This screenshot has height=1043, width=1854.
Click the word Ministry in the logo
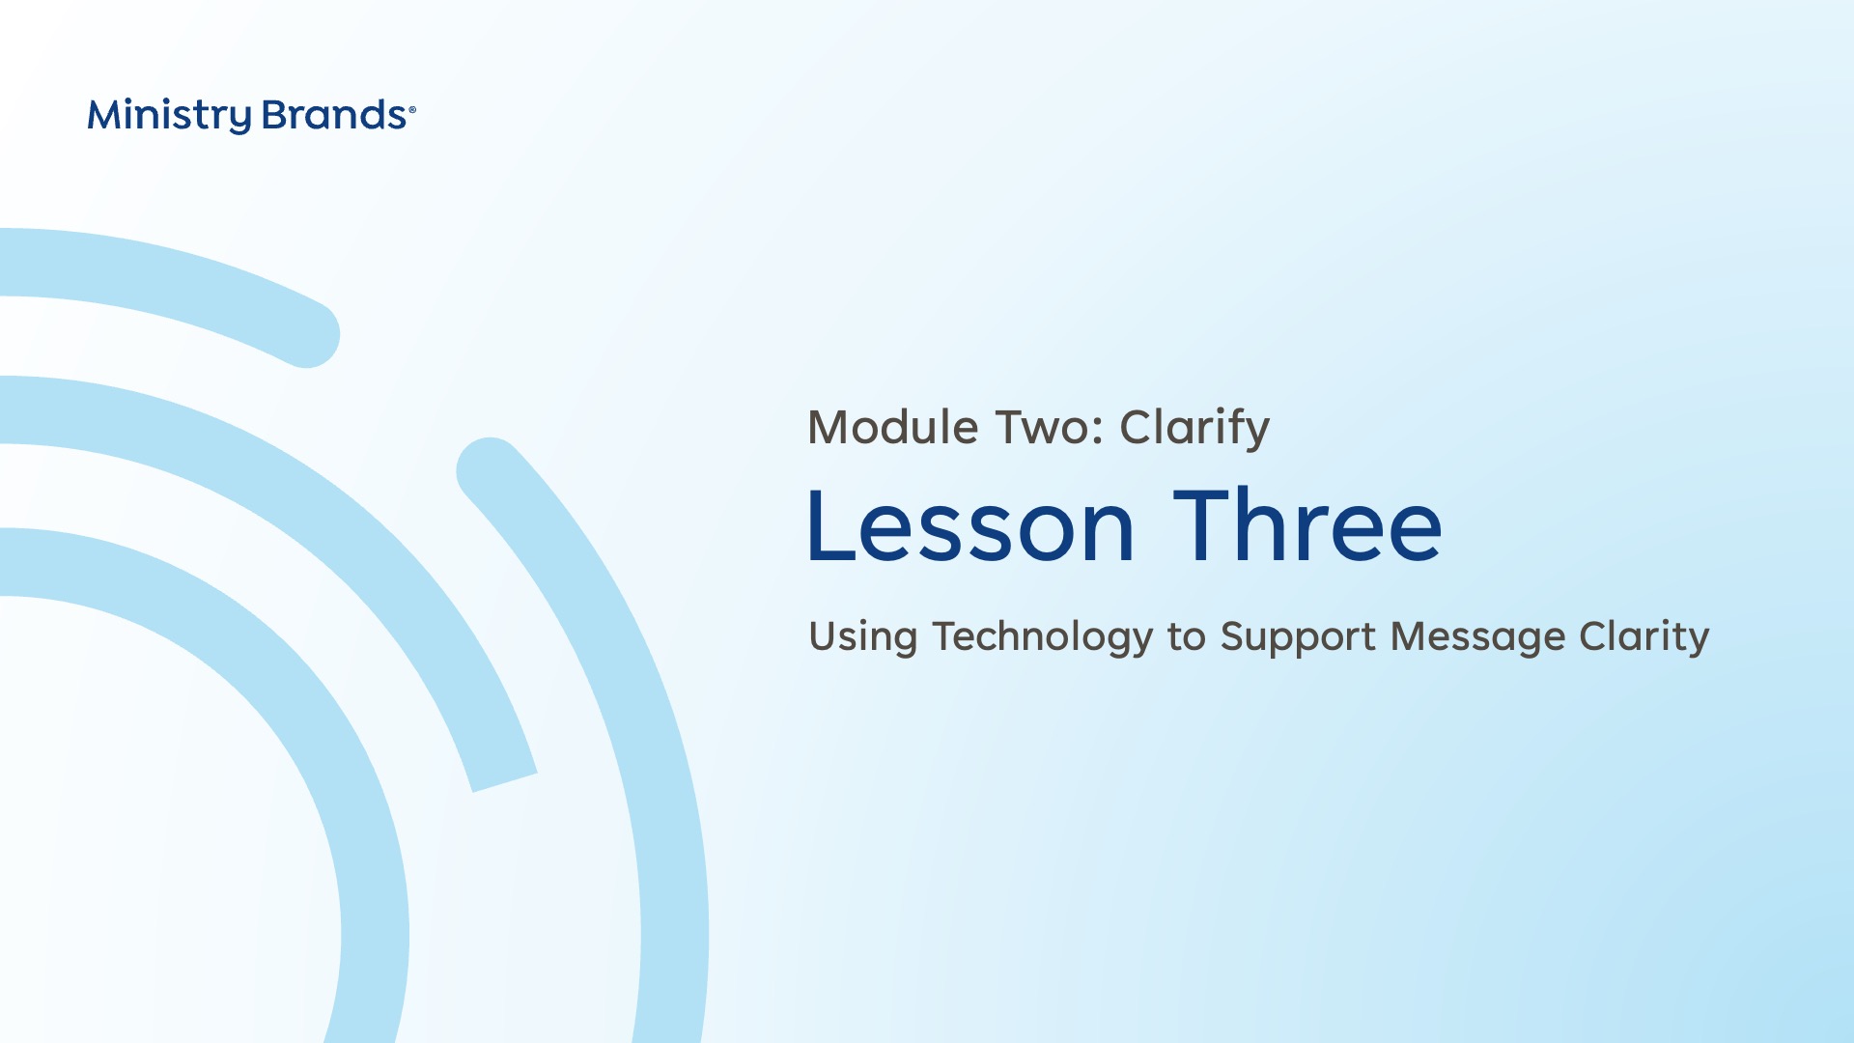[x=169, y=116]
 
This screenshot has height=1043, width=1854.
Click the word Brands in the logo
[x=334, y=115]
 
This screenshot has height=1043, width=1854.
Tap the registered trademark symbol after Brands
[x=412, y=110]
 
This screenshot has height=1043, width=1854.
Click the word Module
[x=893, y=427]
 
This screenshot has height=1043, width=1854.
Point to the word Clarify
[x=1194, y=429]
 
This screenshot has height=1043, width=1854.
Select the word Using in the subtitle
[x=863, y=637]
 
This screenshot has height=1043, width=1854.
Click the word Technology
[x=1043, y=637]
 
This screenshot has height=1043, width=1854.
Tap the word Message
[x=1477, y=637]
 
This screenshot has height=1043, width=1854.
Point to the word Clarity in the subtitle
[x=1644, y=637]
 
